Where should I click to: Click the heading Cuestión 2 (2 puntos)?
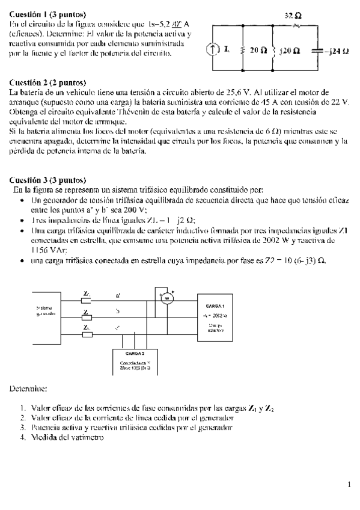[x=47, y=82]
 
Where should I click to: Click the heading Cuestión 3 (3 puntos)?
[x=47, y=179]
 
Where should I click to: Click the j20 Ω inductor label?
[x=289, y=51]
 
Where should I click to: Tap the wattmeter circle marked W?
[x=168, y=298]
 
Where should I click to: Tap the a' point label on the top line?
[x=118, y=295]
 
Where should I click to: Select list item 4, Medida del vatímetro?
[x=66, y=438]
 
